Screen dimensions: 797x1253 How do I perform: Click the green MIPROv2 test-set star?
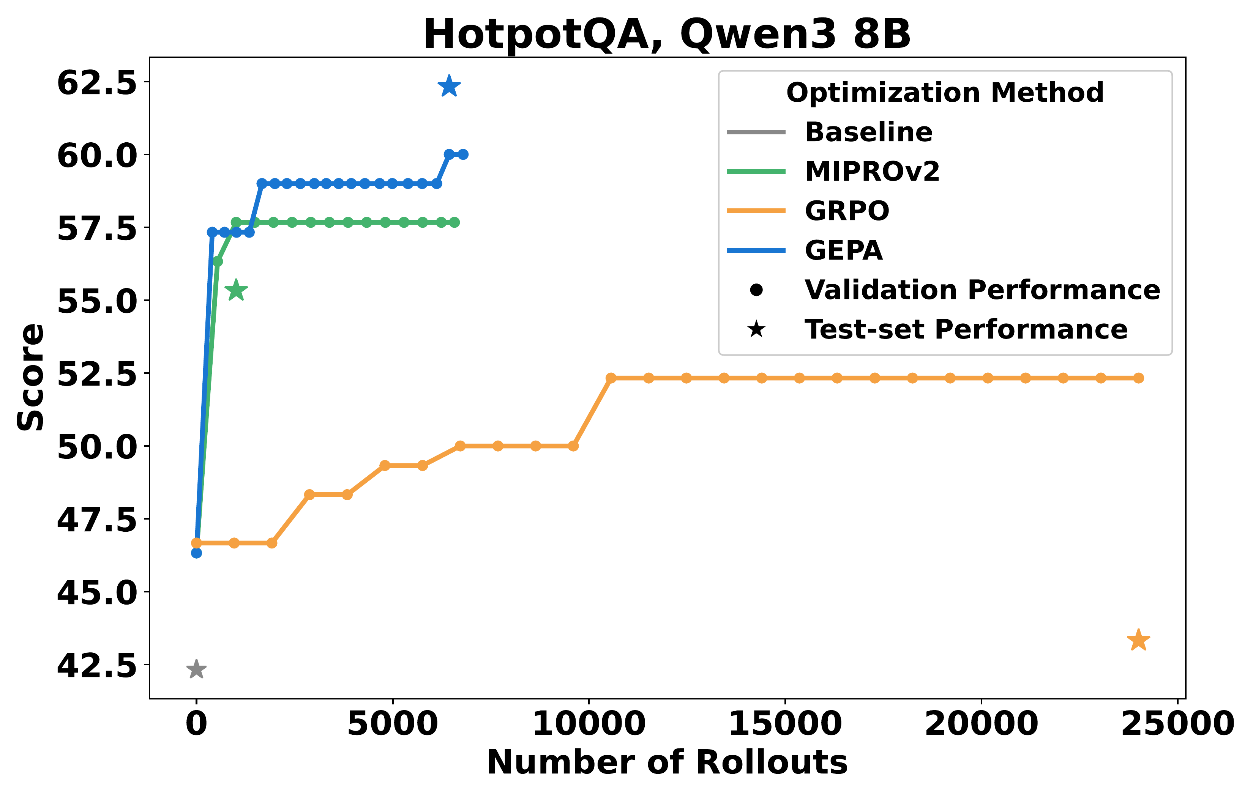(x=236, y=290)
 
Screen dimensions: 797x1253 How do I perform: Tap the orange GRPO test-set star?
(x=1138, y=640)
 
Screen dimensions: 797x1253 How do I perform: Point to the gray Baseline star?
(x=196, y=669)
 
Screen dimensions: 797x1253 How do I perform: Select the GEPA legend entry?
(x=843, y=250)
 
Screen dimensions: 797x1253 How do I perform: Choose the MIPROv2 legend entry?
(x=871, y=171)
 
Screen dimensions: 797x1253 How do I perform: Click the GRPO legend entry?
(x=847, y=211)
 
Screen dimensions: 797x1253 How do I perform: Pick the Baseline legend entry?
(x=868, y=132)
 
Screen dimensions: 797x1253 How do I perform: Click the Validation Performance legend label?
(x=982, y=290)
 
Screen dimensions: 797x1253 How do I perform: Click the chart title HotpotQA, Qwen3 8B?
(x=667, y=34)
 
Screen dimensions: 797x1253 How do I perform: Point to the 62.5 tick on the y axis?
(x=97, y=82)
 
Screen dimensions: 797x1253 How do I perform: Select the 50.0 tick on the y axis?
(x=97, y=446)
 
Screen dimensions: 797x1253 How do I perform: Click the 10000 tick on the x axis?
(x=589, y=724)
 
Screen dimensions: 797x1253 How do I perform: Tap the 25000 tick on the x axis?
(x=1177, y=724)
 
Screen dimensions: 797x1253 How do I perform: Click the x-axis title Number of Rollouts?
(x=667, y=763)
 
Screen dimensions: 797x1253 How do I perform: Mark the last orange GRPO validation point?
(x=1138, y=378)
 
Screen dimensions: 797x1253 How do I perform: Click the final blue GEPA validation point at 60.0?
(x=462, y=154)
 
